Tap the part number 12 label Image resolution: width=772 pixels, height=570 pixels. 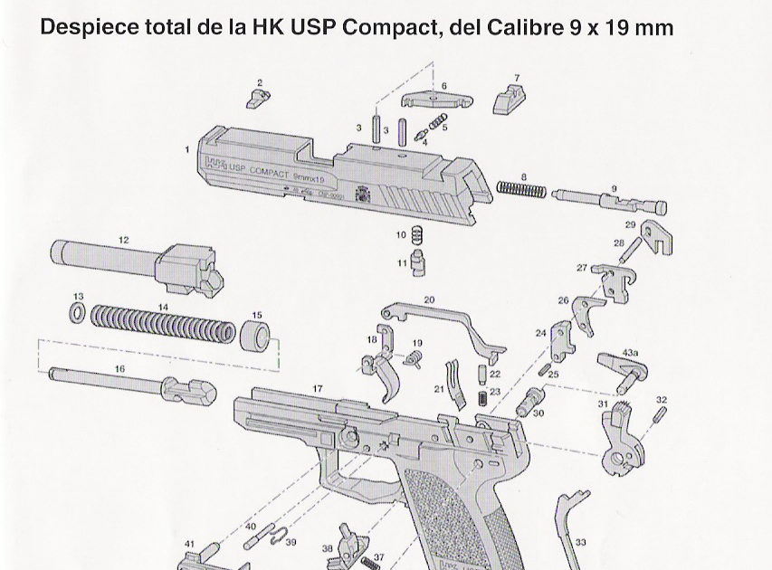[123, 240]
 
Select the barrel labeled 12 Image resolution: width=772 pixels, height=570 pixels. [136, 263]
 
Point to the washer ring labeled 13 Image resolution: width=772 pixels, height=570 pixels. [79, 313]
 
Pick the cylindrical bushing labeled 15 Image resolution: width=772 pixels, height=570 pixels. [256, 334]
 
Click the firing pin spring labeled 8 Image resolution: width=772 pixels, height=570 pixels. [522, 191]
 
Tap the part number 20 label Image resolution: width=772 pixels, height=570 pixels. [429, 299]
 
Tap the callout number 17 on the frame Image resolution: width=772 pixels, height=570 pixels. [317, 388]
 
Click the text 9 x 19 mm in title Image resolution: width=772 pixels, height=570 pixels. [622, 28]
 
